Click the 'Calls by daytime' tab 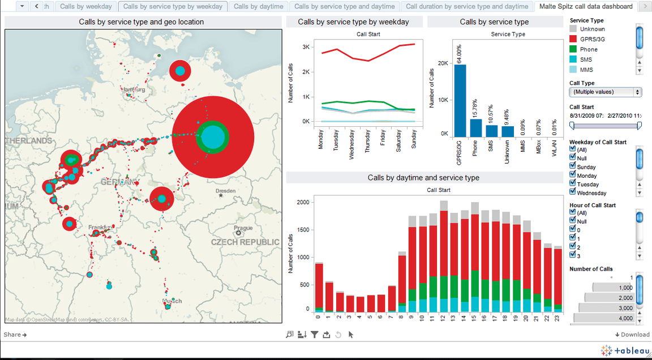click(x=258, y=6)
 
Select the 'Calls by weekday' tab click(x=86, y=6)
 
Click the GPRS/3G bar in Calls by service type click(x=461, y=100)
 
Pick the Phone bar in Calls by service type click(x=477, y=127)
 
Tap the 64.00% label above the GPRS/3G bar click(x=461, y=52)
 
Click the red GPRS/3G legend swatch click(x=573, y=39)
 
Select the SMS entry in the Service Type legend click(x=586, y=59)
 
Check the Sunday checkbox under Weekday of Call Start click(x=573, y=166)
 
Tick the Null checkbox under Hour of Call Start click(x=573, y=221)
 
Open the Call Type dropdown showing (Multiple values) click(x=605, y=92)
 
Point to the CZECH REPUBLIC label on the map click(x=245, y=242)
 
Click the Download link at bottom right click(x=632, y=335)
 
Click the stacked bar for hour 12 click(x=444, y=260)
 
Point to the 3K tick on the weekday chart click(x=306, y=47)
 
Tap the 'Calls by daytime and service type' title click(x=423, y=178)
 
